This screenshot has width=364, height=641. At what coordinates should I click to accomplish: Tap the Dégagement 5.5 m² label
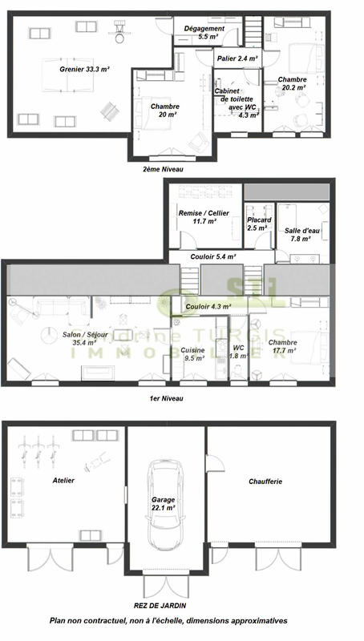pos(204,32)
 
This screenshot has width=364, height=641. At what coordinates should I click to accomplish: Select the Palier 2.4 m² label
pos(237,58)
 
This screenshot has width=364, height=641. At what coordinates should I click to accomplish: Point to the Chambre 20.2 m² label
pos(292,84)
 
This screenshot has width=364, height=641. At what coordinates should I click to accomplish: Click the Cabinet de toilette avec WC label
pos(237,103)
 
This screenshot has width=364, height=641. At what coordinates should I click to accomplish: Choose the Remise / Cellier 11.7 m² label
pos(204,216)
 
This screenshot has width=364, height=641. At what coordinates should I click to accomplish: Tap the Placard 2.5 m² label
pos(258,224)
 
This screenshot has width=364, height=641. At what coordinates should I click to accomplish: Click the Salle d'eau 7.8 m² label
pos(302,234)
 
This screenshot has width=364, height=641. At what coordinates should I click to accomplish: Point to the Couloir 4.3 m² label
pos(208,306)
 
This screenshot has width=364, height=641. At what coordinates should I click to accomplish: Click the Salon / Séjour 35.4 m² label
pos(68,337)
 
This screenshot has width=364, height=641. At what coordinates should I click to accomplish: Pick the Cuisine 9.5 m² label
pos(192,354)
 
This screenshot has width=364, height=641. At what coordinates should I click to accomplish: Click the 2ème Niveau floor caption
pos(163,170)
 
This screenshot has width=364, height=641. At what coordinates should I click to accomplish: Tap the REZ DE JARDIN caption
pos(168,606)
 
